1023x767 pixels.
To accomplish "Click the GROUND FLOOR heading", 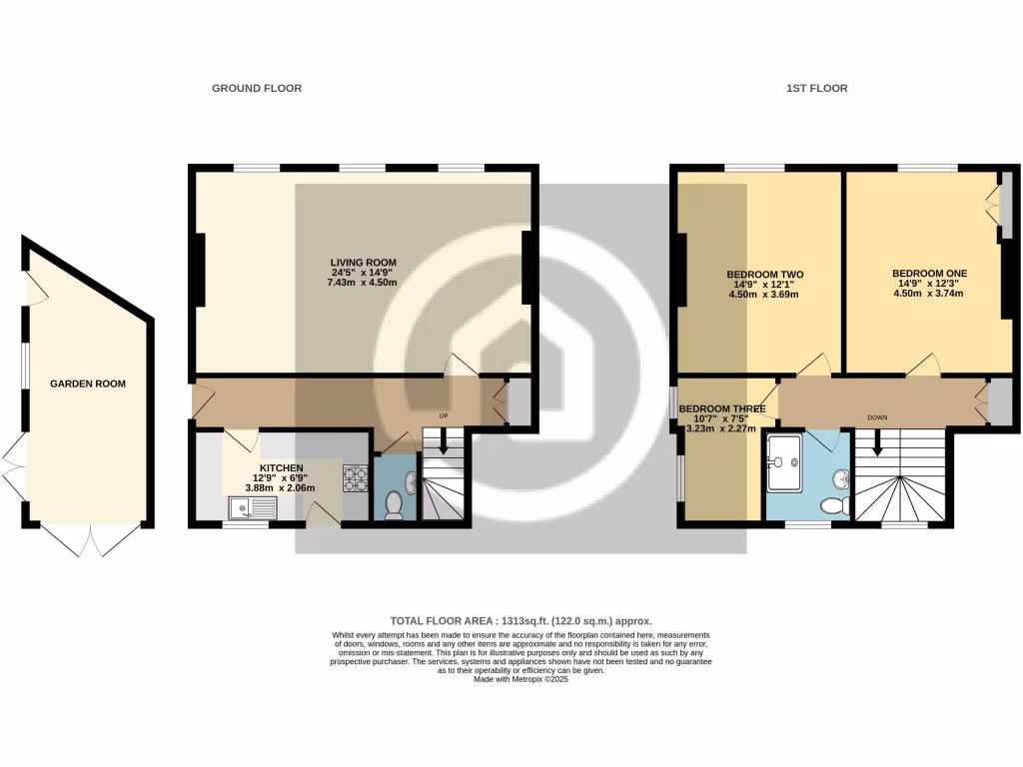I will tap(257, 88).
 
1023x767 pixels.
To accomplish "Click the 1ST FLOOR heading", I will tap(816, 88).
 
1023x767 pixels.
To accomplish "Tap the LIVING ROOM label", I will tap(364, 263).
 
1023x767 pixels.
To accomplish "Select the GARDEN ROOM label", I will tap(90, 383).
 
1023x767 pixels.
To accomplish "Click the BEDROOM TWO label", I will tap(764, 274).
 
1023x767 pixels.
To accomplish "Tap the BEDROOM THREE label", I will tap(722, 409).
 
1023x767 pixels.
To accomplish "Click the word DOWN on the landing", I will tap(877, 416).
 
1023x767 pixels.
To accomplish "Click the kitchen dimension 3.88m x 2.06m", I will tap(280, 488).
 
